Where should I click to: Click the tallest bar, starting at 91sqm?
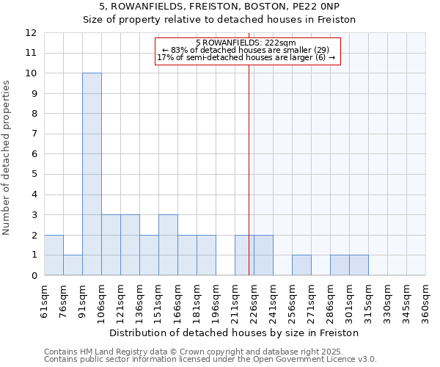point(92,175)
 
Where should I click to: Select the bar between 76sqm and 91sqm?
point(73,265)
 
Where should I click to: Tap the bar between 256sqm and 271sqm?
point(301,265)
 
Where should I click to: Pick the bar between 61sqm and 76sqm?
point(54,255)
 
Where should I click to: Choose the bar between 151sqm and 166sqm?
point(168,245)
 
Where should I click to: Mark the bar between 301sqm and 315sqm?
point(359,265)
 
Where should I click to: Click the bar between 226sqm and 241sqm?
point(263,255)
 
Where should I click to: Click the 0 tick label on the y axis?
point(34,275)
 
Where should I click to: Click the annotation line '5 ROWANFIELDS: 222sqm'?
point(246,43)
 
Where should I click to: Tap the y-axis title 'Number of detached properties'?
point(7,158)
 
